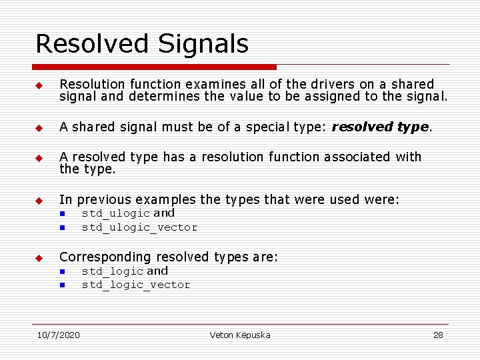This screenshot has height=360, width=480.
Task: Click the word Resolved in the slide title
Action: pos(92,44)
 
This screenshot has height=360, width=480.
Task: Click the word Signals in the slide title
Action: pos(203,44)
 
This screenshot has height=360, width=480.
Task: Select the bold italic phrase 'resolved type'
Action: pos(381,127)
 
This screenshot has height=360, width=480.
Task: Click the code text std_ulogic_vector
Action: pos(139,227)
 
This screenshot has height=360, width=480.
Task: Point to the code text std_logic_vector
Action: pos(136,285)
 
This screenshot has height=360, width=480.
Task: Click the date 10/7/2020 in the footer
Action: pos(58,335)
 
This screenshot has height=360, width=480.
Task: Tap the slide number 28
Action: pos(438,335)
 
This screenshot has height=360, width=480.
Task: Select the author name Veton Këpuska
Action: pos(240,335)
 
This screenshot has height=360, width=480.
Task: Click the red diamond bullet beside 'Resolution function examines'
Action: pos(39,85)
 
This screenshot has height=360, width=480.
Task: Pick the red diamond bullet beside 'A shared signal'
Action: pos(39,128)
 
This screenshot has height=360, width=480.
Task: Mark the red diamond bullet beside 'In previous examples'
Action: pos(39,200)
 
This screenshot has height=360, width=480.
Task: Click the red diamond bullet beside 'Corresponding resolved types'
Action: pos(39,257)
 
